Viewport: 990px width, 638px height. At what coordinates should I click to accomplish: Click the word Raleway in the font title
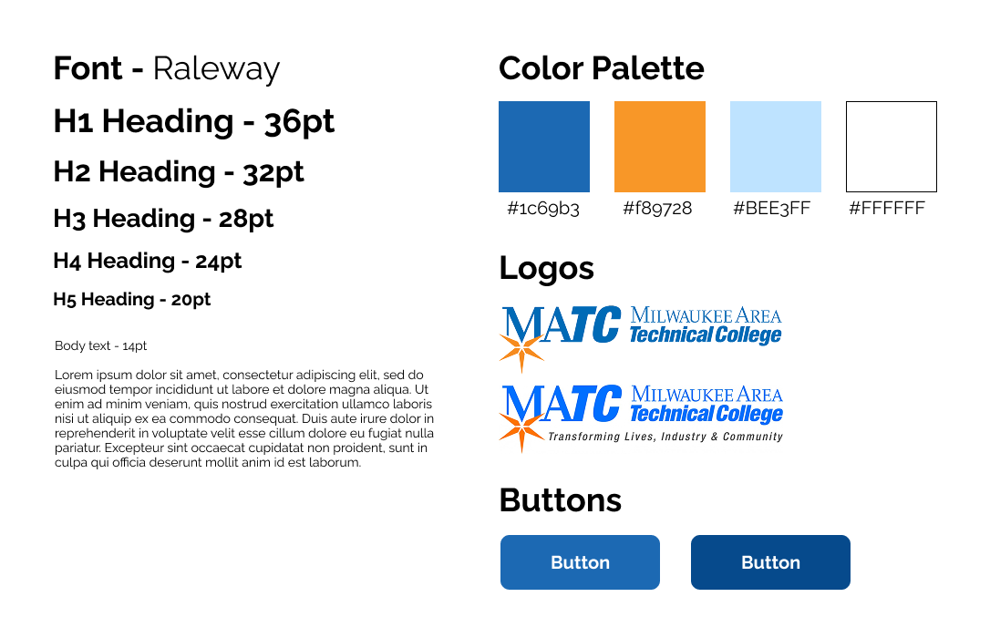tap(216, 69)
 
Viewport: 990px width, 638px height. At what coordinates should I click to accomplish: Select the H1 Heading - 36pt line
tap(194, 122)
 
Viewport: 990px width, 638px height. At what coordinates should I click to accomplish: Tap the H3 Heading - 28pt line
tap(163, 219)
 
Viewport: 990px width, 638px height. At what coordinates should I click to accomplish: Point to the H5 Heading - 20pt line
tap(132, 299)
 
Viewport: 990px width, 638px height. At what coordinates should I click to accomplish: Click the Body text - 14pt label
tap(100, 345)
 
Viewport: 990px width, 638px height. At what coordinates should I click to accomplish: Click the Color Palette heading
tap(601, 68)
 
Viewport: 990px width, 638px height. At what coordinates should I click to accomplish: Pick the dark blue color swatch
tap(544, 147)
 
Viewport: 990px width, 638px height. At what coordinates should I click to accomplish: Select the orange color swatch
tap(660, 147)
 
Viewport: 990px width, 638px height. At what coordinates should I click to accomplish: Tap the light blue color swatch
tap(776, 147)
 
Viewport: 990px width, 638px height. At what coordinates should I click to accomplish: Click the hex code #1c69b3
tap(543, 208)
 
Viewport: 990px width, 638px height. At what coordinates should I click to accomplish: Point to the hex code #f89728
tap(657, 208)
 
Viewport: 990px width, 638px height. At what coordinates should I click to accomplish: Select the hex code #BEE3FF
tap(771, 208)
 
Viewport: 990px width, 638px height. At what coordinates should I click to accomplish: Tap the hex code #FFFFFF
tap(887, 208)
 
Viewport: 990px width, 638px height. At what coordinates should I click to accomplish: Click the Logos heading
tap(546, 268)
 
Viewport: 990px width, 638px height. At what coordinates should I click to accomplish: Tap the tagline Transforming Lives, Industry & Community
tap(665, 437)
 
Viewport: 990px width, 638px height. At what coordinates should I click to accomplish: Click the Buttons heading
tap(560, 500)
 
